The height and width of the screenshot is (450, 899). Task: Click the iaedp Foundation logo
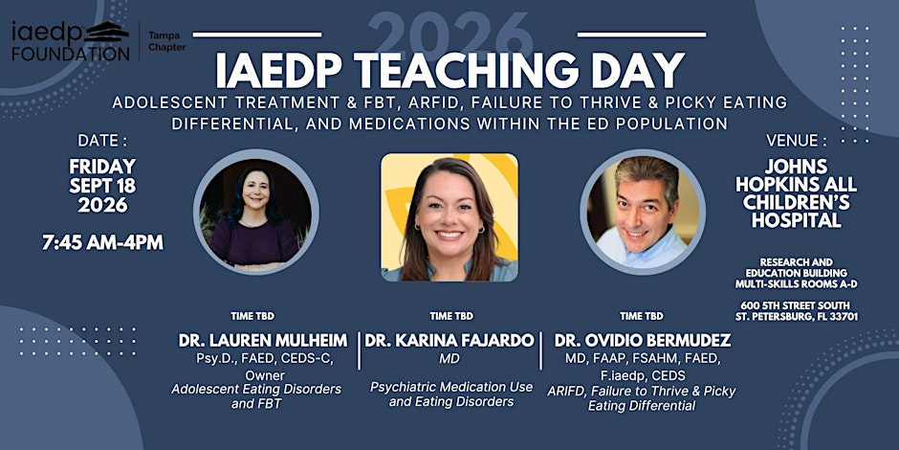pyautogui.click(x=71, y=41)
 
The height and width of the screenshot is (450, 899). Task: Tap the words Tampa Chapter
pyautogui.click(x=166, y=41)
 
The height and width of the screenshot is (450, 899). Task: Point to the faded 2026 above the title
pyautogui.click(x=449, y=34)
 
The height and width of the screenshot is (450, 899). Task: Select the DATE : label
pyautogui.click(x=102, y=141)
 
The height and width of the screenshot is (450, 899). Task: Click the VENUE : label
pyautogui.click(x=797, y=141)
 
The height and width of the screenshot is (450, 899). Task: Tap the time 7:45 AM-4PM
pyautogui.click(x=102, y=242)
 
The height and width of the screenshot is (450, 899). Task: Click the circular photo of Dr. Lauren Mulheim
pyautogui.click(x=256, y=212)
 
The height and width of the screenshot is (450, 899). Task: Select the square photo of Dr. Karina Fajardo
pyautogui.click(x=449, y=217)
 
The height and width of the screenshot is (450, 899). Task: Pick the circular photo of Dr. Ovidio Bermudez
pyautogui.click(x=643, y=212)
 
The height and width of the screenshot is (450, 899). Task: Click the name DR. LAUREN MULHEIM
pyautogui.click(x=263, y=340)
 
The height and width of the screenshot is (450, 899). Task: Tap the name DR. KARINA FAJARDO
pyautogui.click(x=449, y=340)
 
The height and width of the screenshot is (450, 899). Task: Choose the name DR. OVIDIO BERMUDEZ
pyautogui.click(x=642, y=340)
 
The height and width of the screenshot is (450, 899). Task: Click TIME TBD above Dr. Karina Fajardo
pyautogui.click(x=451, y=316)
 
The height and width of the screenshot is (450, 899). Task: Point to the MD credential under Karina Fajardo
pyautogui.click(x=451, y=359)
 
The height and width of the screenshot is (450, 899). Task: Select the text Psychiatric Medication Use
pyautogui.click(x=451, y=387)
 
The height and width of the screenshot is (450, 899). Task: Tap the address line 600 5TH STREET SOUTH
pyautogui.click(x=795, y=305)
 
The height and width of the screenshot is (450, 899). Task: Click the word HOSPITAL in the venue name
pyautogui.click(x=797, y=220)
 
